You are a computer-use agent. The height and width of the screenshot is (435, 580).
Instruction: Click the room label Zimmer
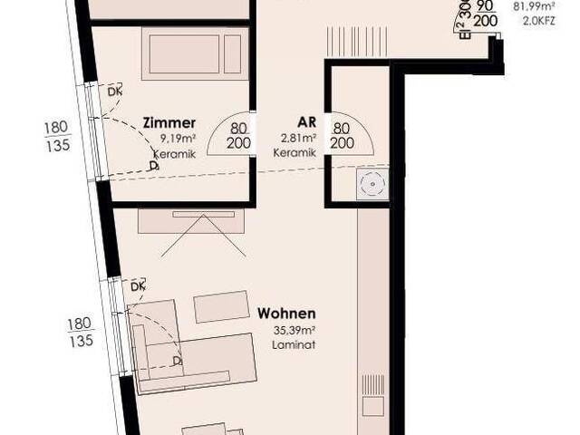click(x=169, y=122)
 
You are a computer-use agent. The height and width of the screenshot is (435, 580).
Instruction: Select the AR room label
click(x=305, y=122)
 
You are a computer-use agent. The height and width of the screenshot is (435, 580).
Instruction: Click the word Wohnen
click(x=286, y=314)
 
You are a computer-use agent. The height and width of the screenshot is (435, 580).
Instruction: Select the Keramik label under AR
click(x=298, y=153)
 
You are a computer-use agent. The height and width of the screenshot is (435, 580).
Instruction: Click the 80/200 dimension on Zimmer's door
click(x=239, y=136)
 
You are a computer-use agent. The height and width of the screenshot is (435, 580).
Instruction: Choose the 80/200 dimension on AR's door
click(x=343, y=136)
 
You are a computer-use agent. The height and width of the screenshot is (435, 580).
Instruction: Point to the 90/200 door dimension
click(x=485, y=12)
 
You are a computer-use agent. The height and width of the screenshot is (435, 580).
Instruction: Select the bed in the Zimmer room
click(x=195, y=53)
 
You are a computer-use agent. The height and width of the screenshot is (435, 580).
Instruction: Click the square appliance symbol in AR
click(x=371, y=185)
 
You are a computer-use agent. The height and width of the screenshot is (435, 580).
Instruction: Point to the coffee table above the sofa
click(x=220, y=306)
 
